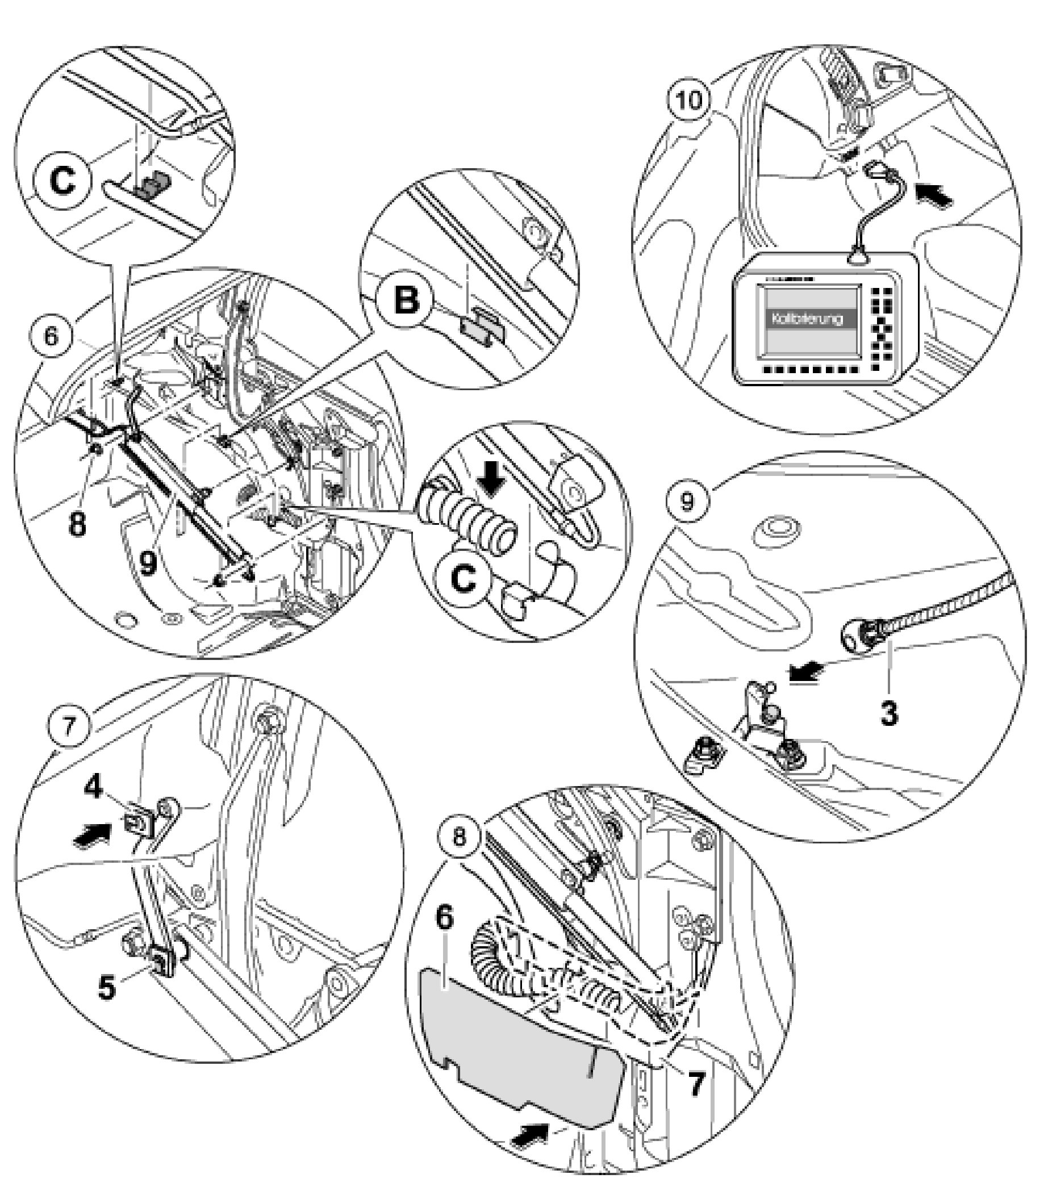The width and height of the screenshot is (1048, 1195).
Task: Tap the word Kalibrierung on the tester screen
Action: click(808, 319)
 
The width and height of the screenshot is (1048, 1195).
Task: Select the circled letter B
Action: click(407, 301)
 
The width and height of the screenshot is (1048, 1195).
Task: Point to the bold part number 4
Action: click(94, 787)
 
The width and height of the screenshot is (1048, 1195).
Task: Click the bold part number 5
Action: click(106, 988)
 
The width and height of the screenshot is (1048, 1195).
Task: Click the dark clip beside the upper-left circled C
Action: click(152, 185)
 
